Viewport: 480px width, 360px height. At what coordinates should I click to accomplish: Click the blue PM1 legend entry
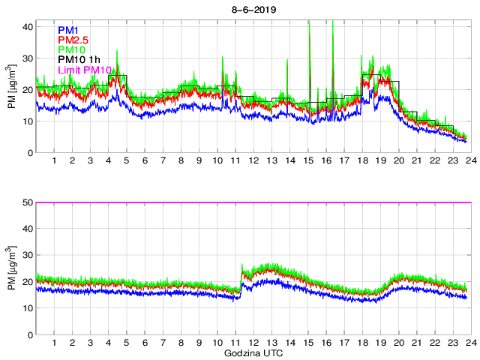coord(67,29)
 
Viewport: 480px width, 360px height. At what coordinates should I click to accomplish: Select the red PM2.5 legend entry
coord(73,40)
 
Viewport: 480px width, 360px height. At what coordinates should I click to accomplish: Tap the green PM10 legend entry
coord(70,49)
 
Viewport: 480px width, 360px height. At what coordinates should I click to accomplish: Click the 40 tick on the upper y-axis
coord(27,26)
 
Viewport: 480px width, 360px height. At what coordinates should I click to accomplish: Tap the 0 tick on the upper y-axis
coord(30,153)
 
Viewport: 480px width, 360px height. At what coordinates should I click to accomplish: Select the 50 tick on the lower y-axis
coord(27,202)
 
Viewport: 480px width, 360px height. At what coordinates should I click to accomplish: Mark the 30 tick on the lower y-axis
coord(27,256)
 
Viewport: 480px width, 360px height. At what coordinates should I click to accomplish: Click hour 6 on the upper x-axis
coord(145,161)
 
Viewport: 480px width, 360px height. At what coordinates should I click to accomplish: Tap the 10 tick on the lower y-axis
coord(27,308)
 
